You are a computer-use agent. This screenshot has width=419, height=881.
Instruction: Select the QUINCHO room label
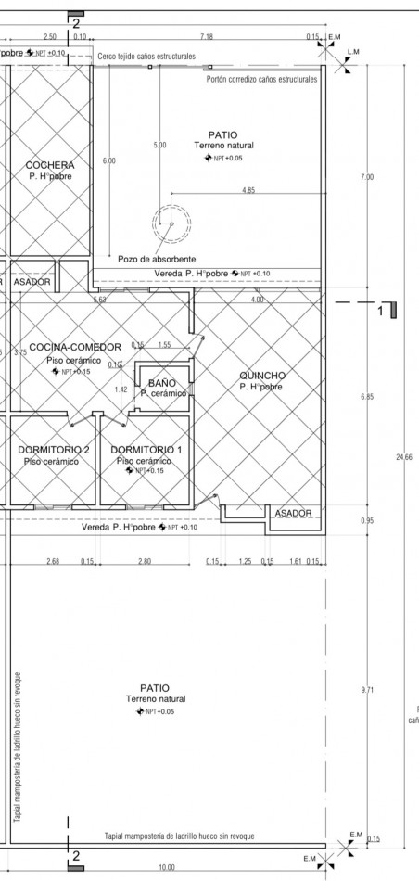[262, 375]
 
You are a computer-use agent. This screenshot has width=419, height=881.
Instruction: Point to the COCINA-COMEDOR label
[75, 347]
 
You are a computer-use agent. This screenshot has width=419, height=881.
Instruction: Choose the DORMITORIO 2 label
[54, 450]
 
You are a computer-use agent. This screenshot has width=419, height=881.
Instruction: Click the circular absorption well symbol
[170, 223]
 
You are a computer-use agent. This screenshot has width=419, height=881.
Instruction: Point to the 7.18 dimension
[207, 36]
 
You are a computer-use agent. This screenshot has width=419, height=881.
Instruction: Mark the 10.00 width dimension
[166, 867]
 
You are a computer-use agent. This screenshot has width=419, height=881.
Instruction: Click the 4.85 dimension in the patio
[248, 190]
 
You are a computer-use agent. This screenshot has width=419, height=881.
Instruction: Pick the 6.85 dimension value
[367, 397]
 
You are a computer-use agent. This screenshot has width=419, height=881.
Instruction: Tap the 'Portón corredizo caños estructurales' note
[261, 80]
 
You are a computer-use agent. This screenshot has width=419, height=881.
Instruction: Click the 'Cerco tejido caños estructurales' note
[146, 57]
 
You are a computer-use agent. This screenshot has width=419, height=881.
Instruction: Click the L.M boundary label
[352, 51]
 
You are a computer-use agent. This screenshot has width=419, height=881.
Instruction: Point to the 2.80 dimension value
[144, 561]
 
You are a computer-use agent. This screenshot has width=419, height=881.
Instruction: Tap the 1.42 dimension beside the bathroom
[121, 389]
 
